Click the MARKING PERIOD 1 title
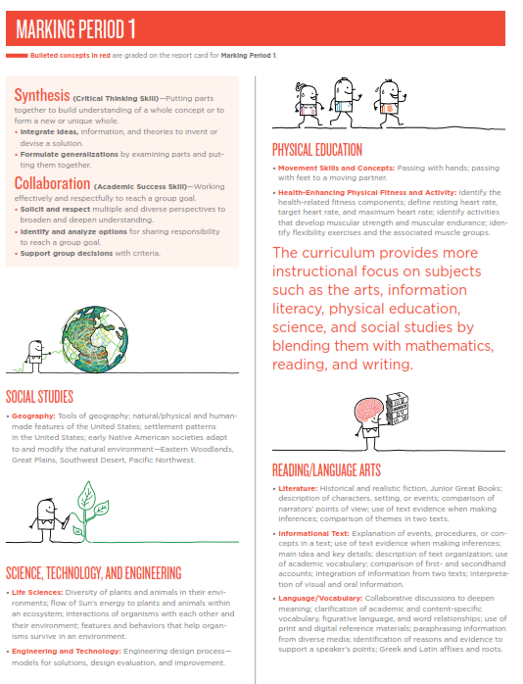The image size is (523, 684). (x=76, y=26)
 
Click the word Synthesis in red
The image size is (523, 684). (x=42, y=95)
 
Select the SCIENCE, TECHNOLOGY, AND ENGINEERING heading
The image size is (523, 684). (x=93, y=572)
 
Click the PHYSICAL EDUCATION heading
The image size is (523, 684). (x=316, y=150)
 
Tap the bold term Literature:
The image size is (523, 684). (x=300, y=488)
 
